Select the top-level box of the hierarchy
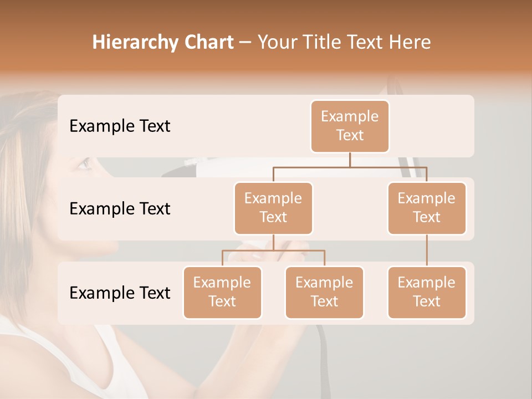pyautogui.click(x=350, y=126)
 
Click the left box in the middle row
pyautogui.click(x=273, y=208)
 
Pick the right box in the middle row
pyautogui.click(x=427, y=208)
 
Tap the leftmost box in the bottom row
pyautogui.click(x=222, y=292)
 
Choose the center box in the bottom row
pyautogui.click(x=324, y=292)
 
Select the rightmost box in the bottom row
pyautogui.click(x=427, y=292)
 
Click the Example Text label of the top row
pyautogui.click(x=120, y=126)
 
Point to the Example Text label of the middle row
pyautogui.click(x=120, y=208)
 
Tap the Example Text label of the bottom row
pyautogui.click(x=120, y=293)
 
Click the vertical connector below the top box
pyautogui.click(x=350, y=160)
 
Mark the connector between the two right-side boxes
pyautogui.click(x=427, y=250)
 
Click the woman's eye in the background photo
pyautogui.click(x=84, y=163)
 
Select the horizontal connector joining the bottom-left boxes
pyautogui.click(x=273, y=250)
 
